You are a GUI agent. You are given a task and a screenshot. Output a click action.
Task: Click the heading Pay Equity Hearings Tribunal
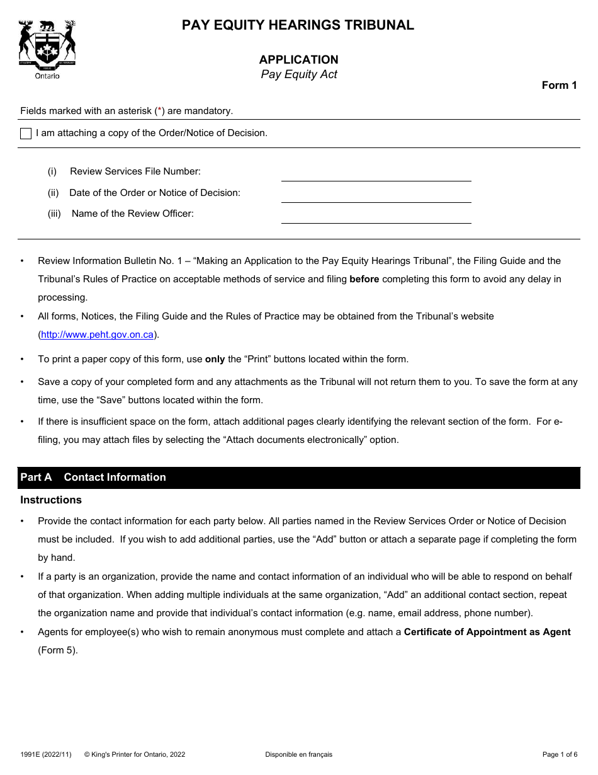[x=298, y=25]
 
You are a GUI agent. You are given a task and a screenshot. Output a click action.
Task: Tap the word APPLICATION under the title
[x=298, y=60]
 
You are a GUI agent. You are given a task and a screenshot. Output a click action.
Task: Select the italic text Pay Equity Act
[x=299, y=74]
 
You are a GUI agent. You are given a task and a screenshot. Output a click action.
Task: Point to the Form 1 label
[x=559, y=86]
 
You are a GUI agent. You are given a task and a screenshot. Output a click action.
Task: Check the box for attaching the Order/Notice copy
[x=26, y=134]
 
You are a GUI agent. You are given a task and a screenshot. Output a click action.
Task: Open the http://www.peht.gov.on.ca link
[x=97, y=335]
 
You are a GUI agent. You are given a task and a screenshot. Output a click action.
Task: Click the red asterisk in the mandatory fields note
[x=161, y=111]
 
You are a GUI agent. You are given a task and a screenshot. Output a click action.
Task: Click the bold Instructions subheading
[x=51, y=500]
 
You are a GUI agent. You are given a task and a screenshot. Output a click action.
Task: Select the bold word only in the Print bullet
[x=215, y=359]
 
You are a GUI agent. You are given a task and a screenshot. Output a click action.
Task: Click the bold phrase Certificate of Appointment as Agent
[x=487, y=632]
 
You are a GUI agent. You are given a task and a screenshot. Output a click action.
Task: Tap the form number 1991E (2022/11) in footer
[x=46, y=754]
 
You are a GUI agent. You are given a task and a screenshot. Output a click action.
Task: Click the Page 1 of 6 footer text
[x=560, y=754]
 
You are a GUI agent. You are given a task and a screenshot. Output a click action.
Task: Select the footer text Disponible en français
[x=298, y=754]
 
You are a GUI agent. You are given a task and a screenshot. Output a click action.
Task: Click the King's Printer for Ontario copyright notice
[x=135, y=754]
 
